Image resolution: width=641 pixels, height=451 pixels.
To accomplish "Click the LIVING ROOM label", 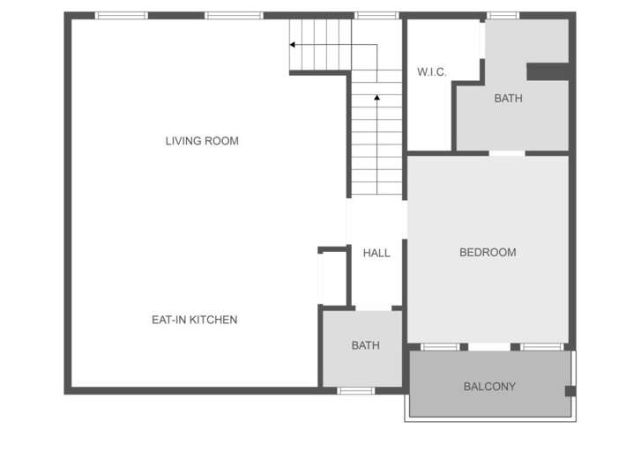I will [x=202, y=141].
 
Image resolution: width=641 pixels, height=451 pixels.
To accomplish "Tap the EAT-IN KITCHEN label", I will [x=194, y=320].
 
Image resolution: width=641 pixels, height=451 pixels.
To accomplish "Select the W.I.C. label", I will [x=432, y=72].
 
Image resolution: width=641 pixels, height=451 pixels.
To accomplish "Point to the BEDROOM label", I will [x=488, y=253].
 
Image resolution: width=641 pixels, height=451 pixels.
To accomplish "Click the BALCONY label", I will [x=489, y=387].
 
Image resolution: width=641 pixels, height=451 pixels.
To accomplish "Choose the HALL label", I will [x=376, y=254].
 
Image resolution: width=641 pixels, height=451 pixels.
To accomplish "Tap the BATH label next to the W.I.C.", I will [x=508, y=99].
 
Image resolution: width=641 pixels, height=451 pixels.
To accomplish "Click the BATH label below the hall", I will [x=365, y=346].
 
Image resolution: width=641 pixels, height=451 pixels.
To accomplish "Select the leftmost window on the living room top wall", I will [x=122, y=15].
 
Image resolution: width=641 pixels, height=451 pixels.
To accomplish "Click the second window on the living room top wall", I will [x=234, y=15].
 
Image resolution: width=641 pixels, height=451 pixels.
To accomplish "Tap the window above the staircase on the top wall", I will [x=376, y=15].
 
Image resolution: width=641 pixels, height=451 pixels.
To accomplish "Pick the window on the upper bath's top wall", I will [x=503, y=15].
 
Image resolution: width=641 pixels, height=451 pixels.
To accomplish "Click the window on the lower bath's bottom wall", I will [x=355, y=390].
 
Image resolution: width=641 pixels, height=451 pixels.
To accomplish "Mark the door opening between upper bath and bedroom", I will [x=507, y=153].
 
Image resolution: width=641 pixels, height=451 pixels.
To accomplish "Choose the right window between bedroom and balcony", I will [x=541, y=347].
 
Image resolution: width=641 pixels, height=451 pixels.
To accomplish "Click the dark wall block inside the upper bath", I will [x=548, y=71].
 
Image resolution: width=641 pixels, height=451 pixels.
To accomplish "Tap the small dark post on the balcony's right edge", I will [x=570, y=390].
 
